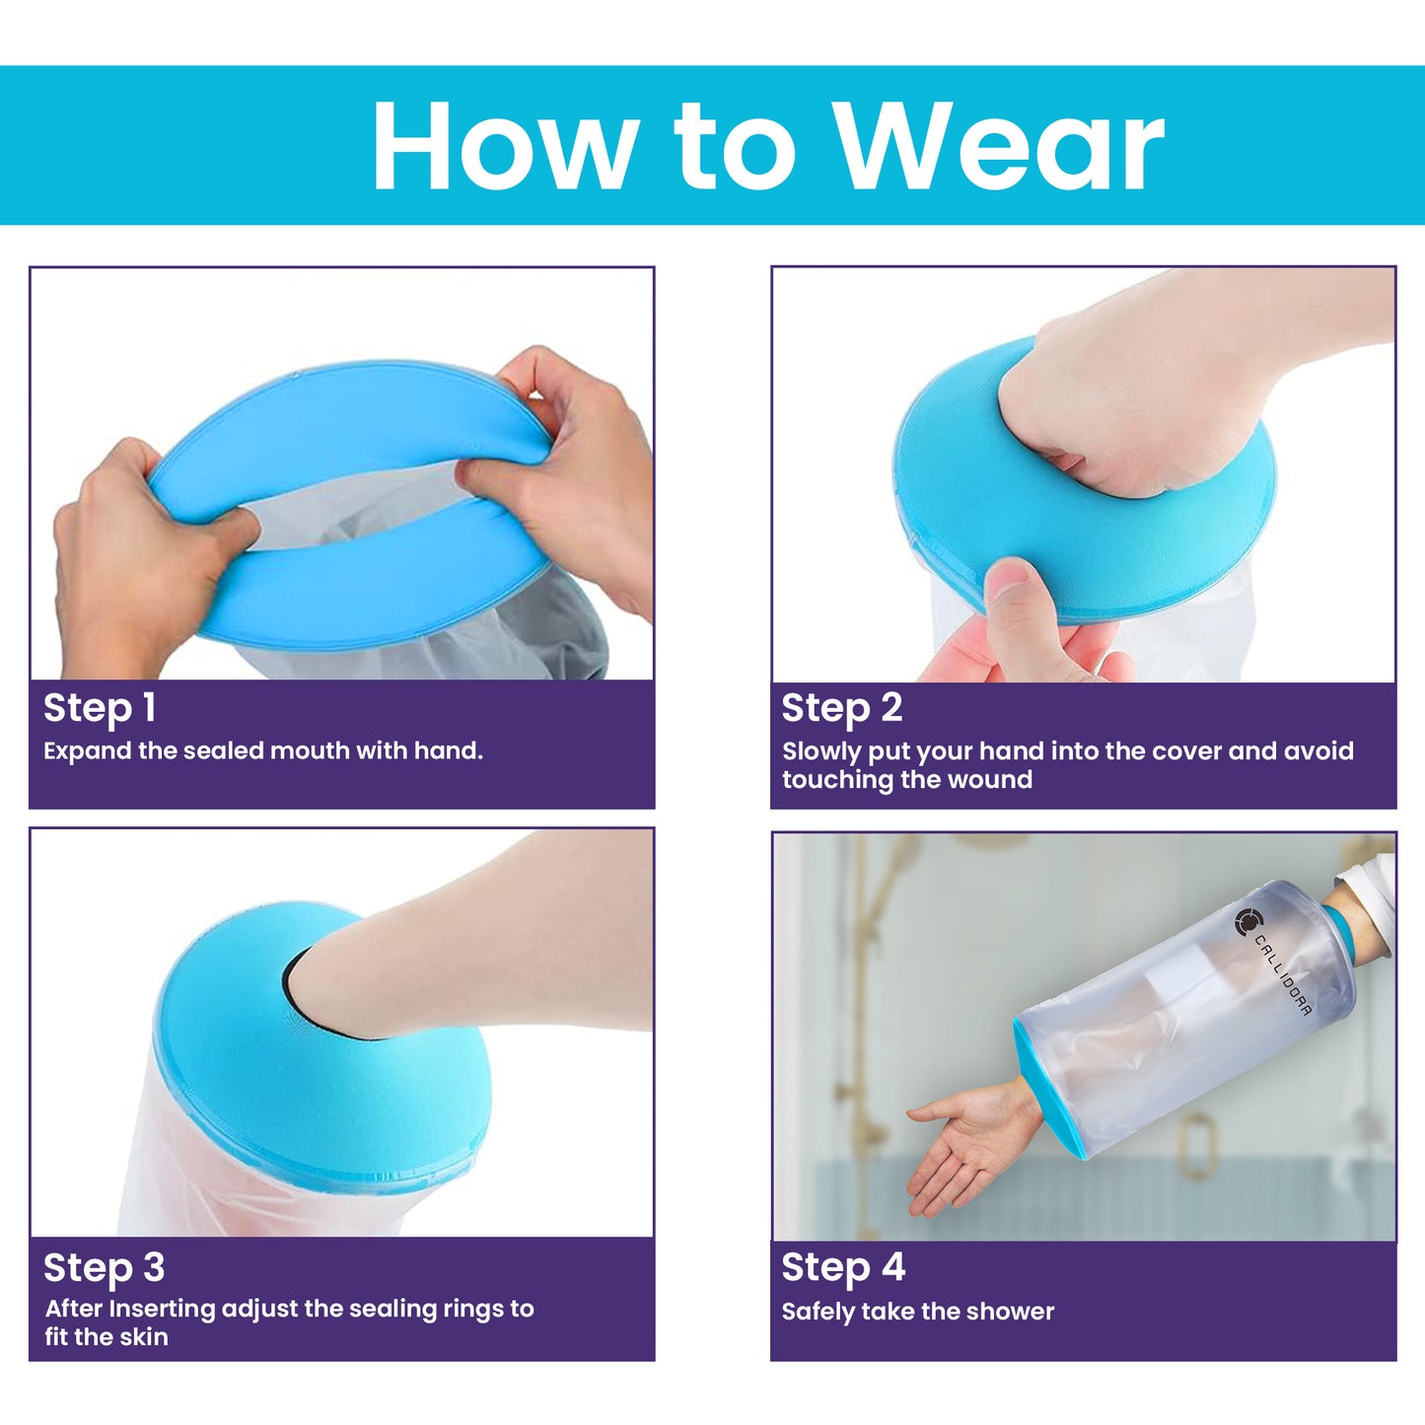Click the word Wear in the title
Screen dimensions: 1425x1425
pos(998,148)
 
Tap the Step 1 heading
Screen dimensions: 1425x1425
pos(100,708)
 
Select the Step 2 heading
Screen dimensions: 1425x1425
pos(841,708)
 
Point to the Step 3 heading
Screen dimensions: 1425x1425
pos(104,1267)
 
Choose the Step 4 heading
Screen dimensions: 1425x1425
pos(843,1267)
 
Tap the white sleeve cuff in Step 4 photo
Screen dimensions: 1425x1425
pos(1371,888)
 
